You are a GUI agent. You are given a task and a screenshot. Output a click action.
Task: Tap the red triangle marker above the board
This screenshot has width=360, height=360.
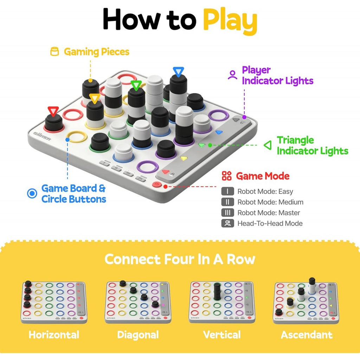[x=53, y=111]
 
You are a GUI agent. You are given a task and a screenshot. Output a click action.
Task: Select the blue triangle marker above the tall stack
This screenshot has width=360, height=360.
[x=178, y=72]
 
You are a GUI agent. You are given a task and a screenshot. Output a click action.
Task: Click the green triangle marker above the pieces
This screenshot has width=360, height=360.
[x=136, y=85]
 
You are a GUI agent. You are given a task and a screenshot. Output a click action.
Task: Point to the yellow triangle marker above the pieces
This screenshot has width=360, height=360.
[x=94, y=98]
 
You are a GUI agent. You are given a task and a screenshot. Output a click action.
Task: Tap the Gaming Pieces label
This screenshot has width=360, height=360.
[x=96, y=52]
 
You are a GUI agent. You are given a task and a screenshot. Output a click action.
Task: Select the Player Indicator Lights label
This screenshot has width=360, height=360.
[x=277, y=75]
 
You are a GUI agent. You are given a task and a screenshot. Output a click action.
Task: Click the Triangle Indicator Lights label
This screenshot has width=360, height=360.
[x=312, y=146]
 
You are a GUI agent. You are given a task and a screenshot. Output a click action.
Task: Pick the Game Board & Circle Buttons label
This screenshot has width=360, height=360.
[x=73, y=193]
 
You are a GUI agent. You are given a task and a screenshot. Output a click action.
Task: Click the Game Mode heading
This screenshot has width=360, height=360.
[x=262, y=176]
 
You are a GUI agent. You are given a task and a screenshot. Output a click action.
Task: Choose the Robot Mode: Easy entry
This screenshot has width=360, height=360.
[x=265, y=192]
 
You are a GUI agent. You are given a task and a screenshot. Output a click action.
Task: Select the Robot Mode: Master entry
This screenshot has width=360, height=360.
[x=269, y=213]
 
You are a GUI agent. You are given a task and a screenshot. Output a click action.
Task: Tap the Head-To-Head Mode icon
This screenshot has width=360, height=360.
[x=227, y=223]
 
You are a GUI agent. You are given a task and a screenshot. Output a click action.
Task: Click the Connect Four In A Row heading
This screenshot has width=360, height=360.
[x=180, y=259]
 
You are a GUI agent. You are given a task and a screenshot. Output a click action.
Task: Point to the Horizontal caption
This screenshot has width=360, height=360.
[x=54, y=334]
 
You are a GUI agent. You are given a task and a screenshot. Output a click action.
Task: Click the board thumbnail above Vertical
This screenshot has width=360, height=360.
[x=221, y=302]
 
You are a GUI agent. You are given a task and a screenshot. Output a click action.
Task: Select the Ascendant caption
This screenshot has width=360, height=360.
[x=307, y=334]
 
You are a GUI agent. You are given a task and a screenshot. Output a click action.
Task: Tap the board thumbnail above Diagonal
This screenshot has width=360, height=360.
[x=138, y=302]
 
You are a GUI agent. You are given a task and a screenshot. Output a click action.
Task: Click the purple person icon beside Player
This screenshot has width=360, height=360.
[x=232, y=75]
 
